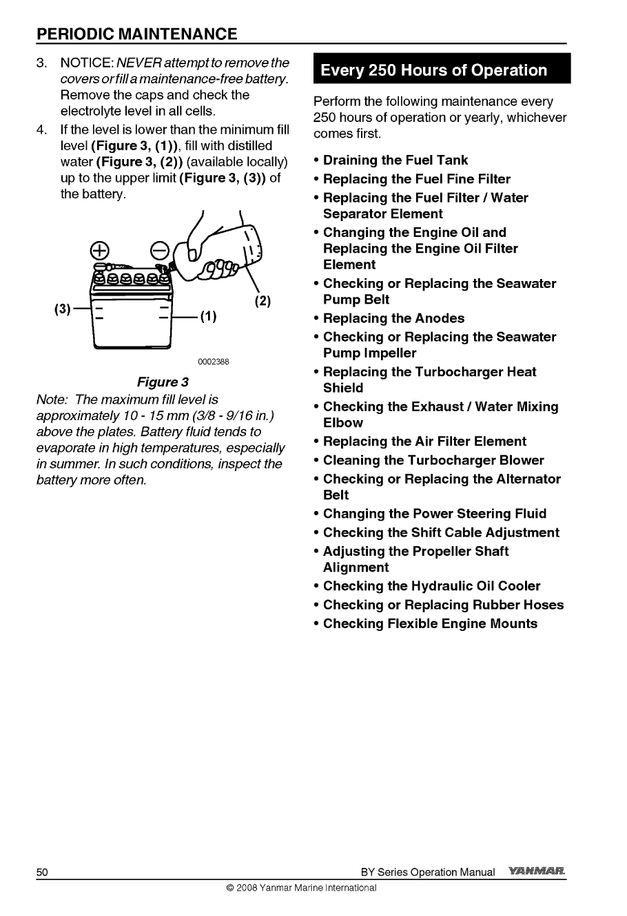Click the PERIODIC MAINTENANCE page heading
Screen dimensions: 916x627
(x=137, y=34)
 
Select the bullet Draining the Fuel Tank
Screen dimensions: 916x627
(x=395, y=160)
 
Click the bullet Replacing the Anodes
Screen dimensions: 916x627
(x=393, y=318)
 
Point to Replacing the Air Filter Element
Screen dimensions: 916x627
(x=424, y=441)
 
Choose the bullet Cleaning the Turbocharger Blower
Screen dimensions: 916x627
(x=433, y=460)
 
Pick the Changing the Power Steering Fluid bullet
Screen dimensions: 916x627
(x=434, y=514)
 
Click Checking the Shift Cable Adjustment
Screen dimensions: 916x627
(x=441, y=532)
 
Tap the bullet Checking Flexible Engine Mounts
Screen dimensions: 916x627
(x=430, y=623)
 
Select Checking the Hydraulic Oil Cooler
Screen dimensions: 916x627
(x=431, y=586)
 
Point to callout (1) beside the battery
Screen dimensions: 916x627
(x=208, y=317)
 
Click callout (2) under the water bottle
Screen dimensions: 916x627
(x=262, y=300)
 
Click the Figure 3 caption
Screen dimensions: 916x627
(x=163, y=382)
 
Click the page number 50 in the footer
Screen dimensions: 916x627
(x=42, y=872)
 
